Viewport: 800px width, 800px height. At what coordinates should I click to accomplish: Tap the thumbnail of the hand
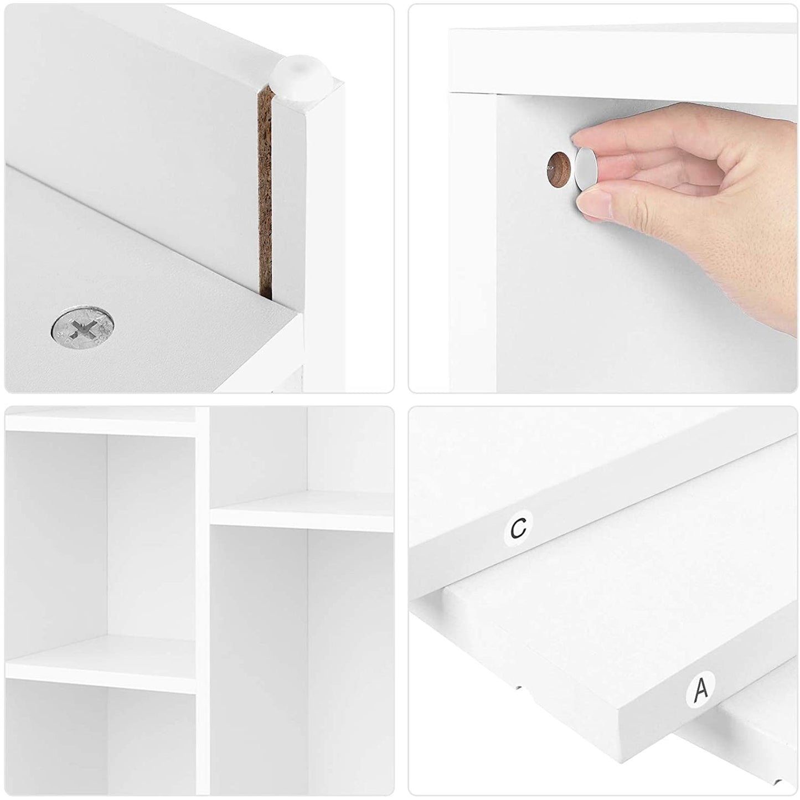click(595, 205)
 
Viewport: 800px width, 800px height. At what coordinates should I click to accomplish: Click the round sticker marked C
click(518, 528)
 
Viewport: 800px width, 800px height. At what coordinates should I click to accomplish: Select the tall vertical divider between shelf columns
click(203, 602)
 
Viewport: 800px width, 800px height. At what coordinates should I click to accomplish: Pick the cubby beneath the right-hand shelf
click(302, 660)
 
